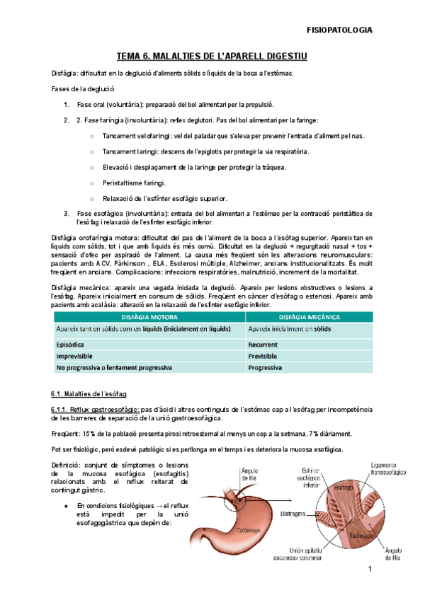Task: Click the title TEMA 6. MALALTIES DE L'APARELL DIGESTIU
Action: [212, 56]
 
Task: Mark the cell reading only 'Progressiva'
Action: [266, 368]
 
